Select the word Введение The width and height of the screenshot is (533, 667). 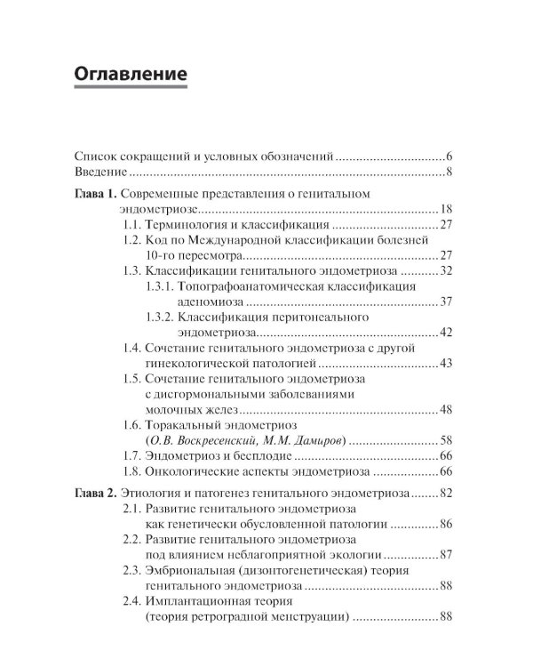click(x=100, y=172)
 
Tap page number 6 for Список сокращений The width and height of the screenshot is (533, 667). click(x=451, y=155)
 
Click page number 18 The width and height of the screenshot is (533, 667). click(x=447, y=210)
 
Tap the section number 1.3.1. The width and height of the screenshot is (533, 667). click(x=159, y=286)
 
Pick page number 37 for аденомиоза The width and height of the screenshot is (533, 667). click(x=447, y=302)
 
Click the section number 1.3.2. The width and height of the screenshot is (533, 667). click(x=159, y=317)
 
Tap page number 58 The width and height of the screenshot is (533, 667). click(x=447, y=440)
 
